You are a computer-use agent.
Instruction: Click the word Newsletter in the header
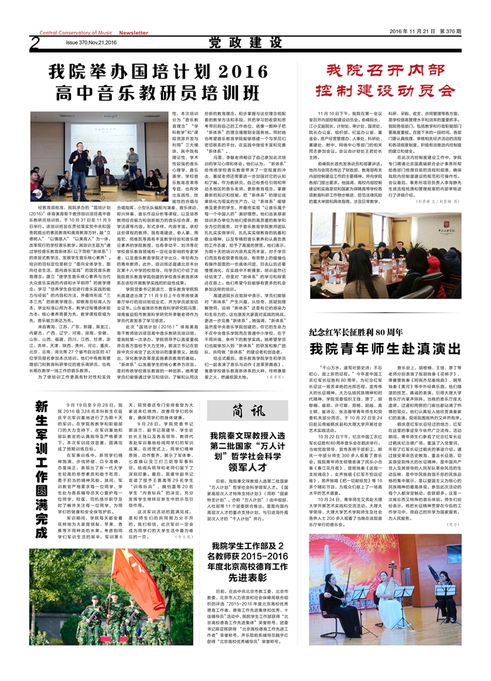point(134,33)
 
